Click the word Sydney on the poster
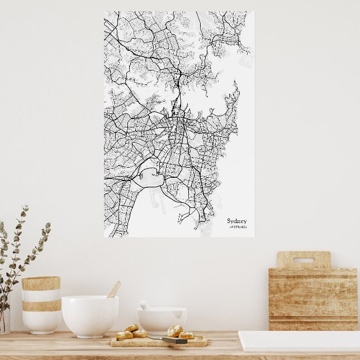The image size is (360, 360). (x=236, y=221)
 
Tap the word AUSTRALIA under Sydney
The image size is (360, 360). (x=237, y=227)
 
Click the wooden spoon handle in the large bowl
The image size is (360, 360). (x=113, y=289)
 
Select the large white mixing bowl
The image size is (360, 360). (x=89, y=316)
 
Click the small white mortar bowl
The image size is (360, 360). (x=162, y=320)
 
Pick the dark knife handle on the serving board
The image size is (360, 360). (x=174, y=340)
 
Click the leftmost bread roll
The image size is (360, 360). (x=124, y=335)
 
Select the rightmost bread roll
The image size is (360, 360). (x=186, y=335)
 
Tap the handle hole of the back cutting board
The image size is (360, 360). (x=304, y=260)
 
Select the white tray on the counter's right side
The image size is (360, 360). (x=299, y=340)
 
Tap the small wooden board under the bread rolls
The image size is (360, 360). (x=159, y=342)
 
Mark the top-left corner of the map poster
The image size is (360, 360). (x=105, y=12)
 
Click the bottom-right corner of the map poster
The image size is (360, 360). (x=253, y=236)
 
